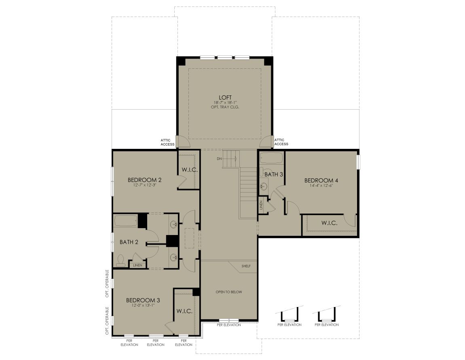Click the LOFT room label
click(x=225, y=97)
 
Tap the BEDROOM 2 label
click(x=144, y=180)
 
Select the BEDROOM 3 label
click(x=143, y=301)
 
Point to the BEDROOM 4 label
click(x=321, y=180)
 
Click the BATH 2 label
click(x=129, y=242)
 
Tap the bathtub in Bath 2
click(x=126, y=221)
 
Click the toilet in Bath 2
click(x=120, y=260)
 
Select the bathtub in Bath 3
click(x=271, y=158)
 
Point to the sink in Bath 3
click(x=263, y=186)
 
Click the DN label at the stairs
click(x=219, y=159)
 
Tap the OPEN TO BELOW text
click(x=228, y=292)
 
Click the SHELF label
click(x=246, y=266)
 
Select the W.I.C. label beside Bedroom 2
click(x=190, y=170)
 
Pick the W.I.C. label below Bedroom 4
click(x=329, y=223)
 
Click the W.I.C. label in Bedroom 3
click(x=184, y=311)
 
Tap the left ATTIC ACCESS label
click(x=167, y=142)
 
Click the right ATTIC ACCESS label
click(x=281, y=142)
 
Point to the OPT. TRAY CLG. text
click(x=225, y=107)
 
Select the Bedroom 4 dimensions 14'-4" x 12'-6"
click(x=321, y=186)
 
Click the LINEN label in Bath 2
click(x=137, y=265)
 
